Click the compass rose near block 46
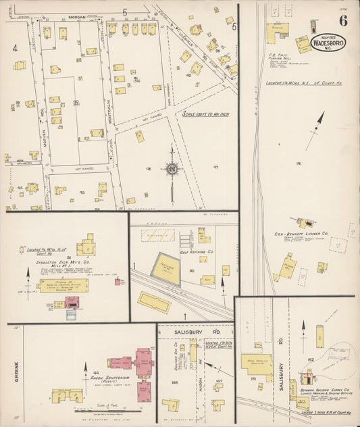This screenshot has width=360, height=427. [172, 168]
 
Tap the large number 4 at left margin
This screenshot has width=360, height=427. [14, 48]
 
